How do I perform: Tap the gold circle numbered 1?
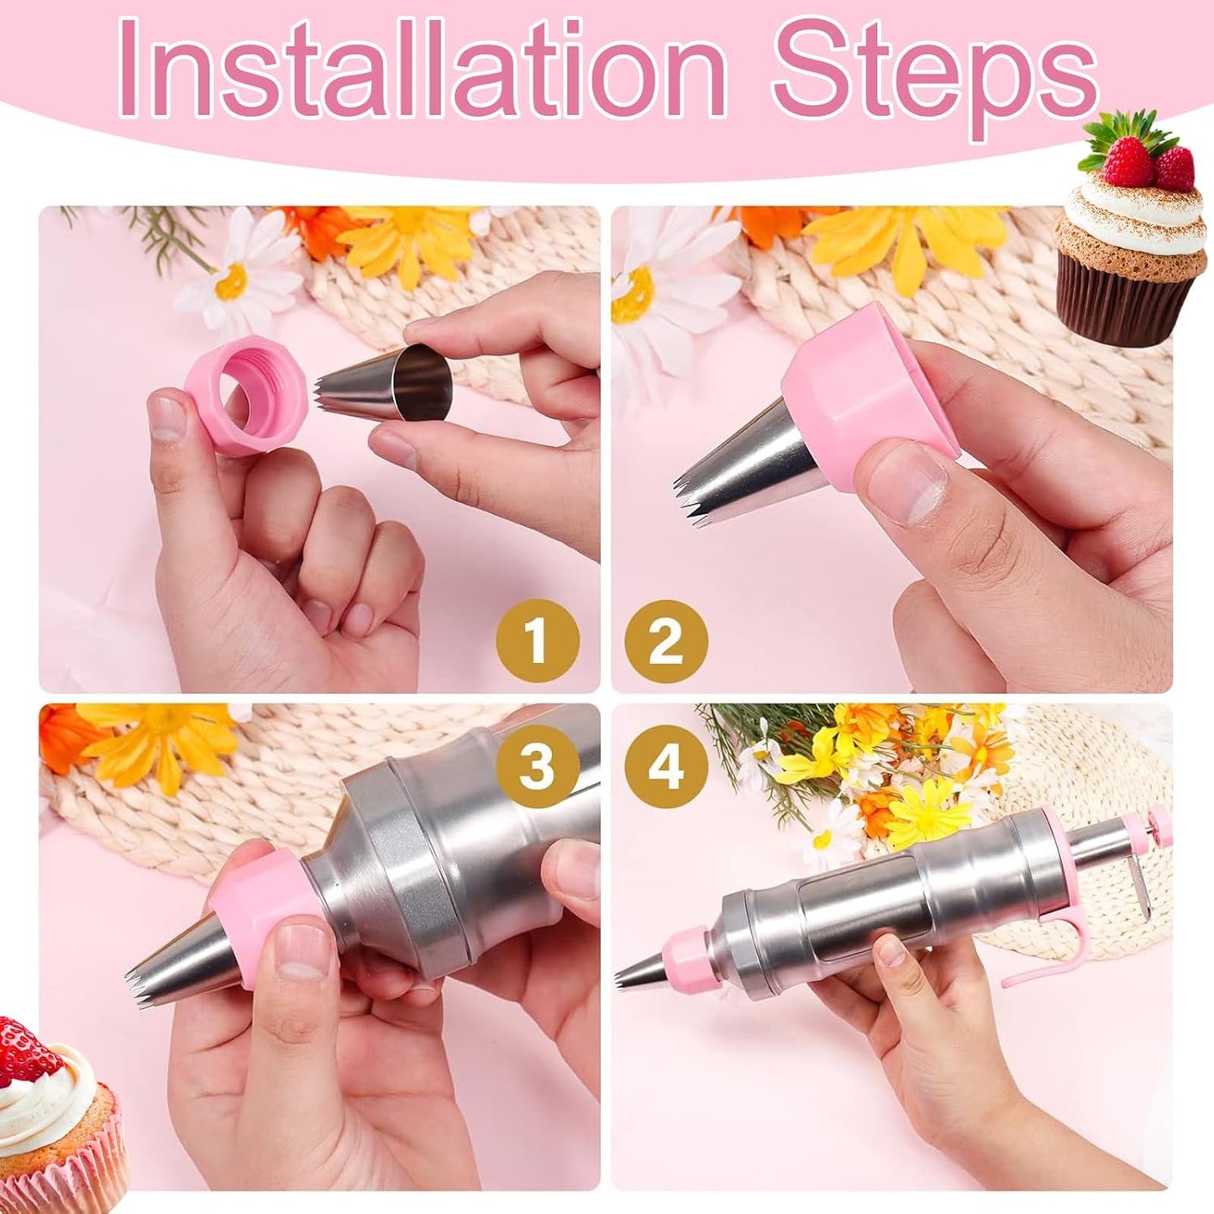click(537, 642)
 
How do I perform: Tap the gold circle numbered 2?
click(665, 642)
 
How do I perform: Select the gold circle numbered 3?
click(537, 766)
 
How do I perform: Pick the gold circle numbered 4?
click(665, 766)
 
